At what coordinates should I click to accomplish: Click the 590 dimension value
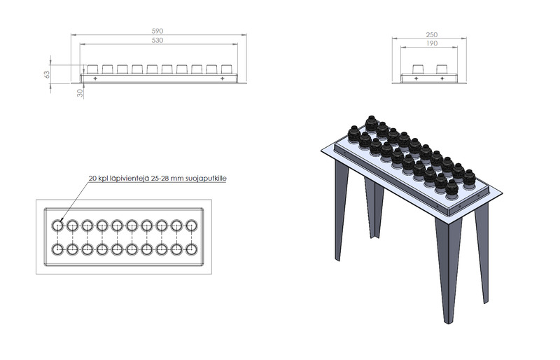[157, 31]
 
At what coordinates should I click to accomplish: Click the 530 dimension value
[157, 41]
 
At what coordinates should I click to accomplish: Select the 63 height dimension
[47, 74]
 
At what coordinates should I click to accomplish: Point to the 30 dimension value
[80, 93]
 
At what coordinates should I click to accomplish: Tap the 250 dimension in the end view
[432, 35]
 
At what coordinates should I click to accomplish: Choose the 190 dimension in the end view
[432, 43]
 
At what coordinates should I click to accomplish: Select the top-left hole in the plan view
[57, 226]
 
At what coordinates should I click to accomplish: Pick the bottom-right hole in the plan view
[192, 249]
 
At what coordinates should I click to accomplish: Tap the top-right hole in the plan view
[192, 226]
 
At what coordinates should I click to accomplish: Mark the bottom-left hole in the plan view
[57, 249]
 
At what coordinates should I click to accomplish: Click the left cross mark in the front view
[95, 78]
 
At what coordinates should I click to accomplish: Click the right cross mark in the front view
[222, 78]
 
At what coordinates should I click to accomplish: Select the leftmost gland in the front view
[93, 69]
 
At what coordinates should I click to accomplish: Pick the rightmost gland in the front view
[227, 69]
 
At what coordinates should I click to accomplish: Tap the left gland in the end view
[417, 69]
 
